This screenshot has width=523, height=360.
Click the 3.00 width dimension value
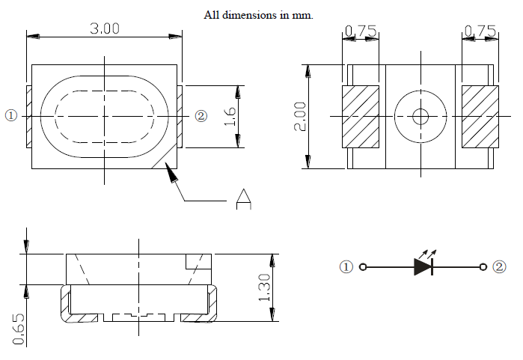[x=105, y=28]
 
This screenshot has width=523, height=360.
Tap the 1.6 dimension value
[x=230, y=116]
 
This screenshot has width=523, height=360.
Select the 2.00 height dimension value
[x=300, y=117]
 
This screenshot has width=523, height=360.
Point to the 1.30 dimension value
[x=265, y=287]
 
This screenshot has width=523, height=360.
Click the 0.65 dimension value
[x=19, y=329]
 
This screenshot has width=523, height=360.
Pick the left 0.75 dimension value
[x=361, y=31]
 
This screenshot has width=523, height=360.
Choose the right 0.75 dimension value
[x=480, y=31]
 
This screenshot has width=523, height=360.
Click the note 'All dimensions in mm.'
[x=258, y=15]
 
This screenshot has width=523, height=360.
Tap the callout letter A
[x=243, y=199]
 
